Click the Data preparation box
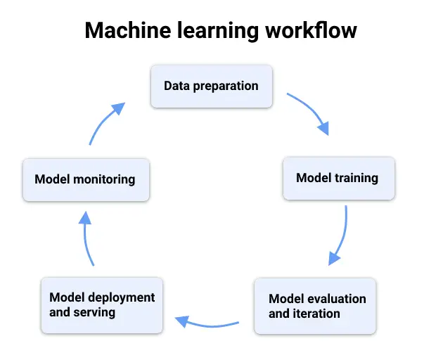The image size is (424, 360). point(211,86)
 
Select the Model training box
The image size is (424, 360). point(337,178)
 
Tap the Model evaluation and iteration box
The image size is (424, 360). point(314,305)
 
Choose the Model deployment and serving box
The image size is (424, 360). point(102,304)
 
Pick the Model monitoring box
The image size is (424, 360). point(85,179)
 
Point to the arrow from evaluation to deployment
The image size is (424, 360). point(207,324)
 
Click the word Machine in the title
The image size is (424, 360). point(122,31)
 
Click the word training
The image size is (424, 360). point(356,178)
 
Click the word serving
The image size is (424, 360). point(94,311)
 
